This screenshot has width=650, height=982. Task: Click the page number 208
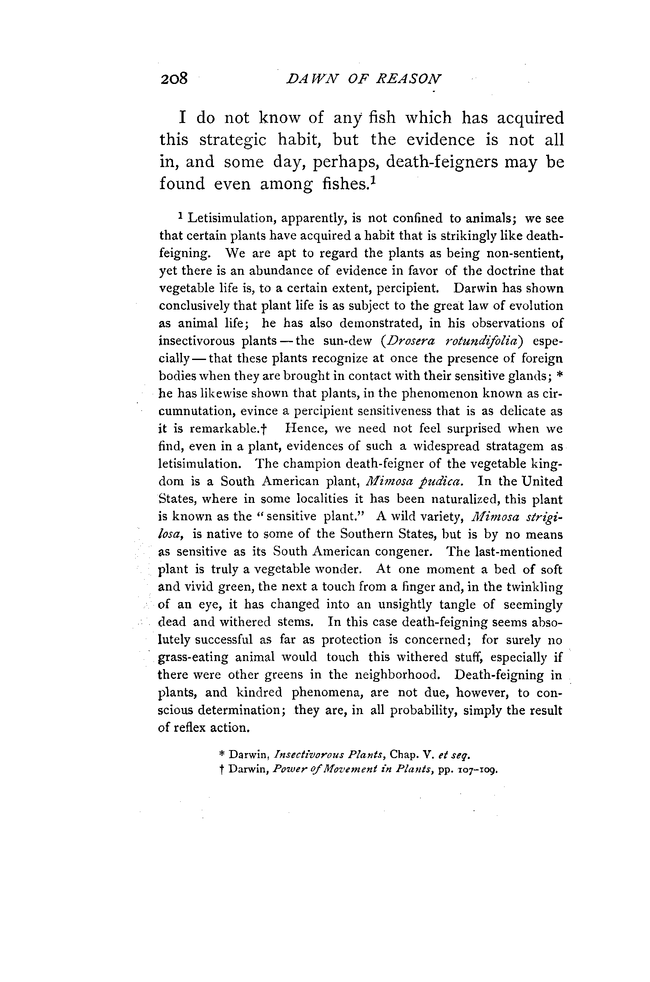(174, 79)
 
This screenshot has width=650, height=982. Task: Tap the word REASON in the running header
(409, 79)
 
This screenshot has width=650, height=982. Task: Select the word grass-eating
(193, 658)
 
